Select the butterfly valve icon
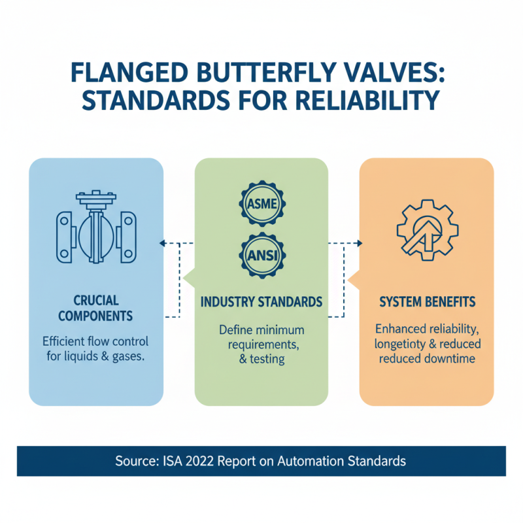click(x=95, y=228)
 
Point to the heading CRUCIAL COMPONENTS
click(x=95, y=308)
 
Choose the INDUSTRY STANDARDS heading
click(x=261, y=302)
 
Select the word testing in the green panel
click(x=267, y=359)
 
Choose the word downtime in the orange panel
click(x=455, y=358)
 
